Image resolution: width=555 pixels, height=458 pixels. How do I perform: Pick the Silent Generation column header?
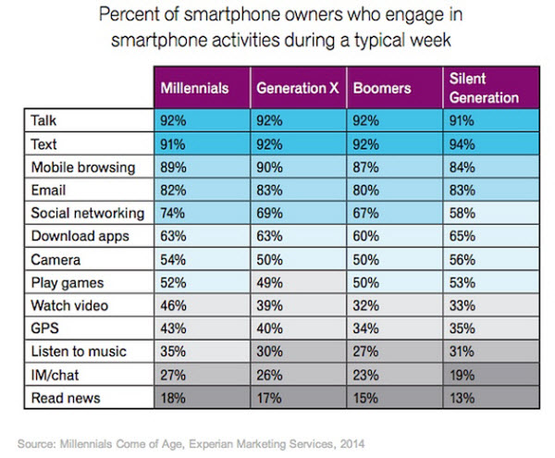coord(480,88)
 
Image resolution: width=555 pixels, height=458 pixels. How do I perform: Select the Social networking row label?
coord(87,213)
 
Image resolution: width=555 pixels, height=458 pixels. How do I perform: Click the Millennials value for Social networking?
coord(174,213)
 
